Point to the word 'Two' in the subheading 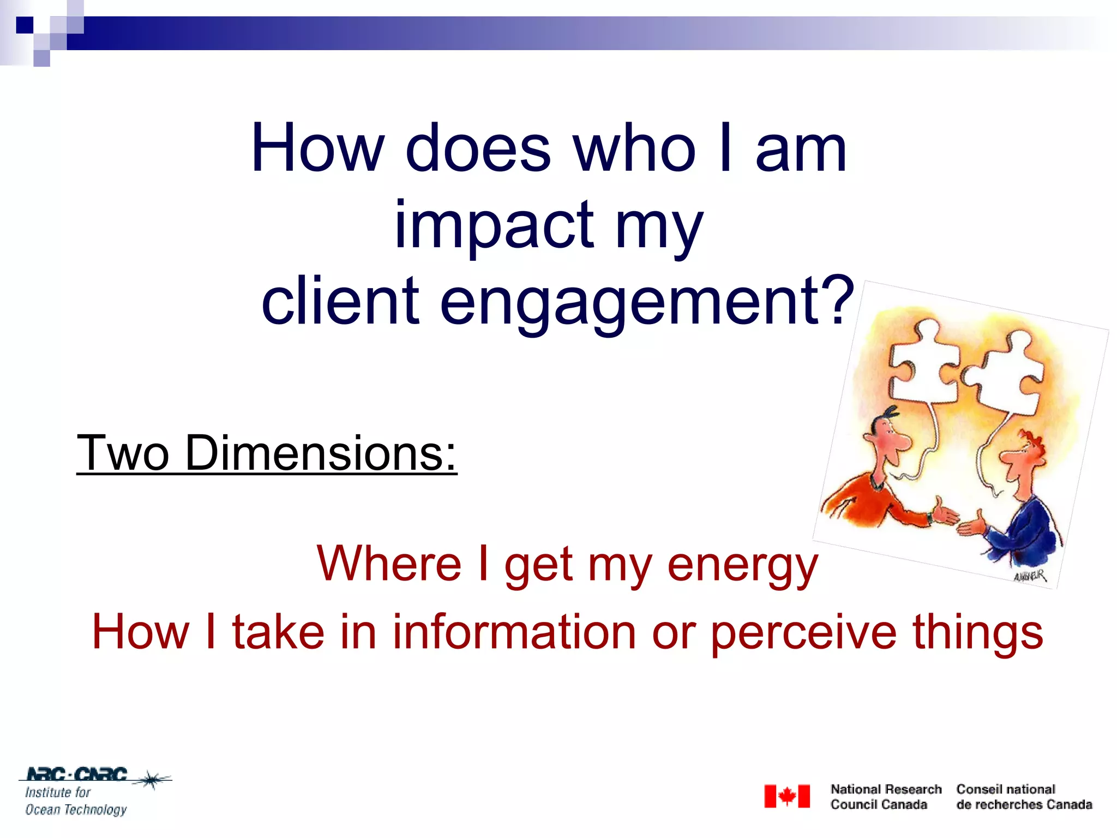[x=123, y=453]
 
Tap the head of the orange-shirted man [x=886, y=436]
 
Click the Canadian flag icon [x=786, y=797]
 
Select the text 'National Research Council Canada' [x=885, y=797]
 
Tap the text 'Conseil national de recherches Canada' [x=1024, y=797]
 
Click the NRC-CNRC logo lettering [x=76, y=774]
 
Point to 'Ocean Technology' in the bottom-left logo [x=76, y=810]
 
